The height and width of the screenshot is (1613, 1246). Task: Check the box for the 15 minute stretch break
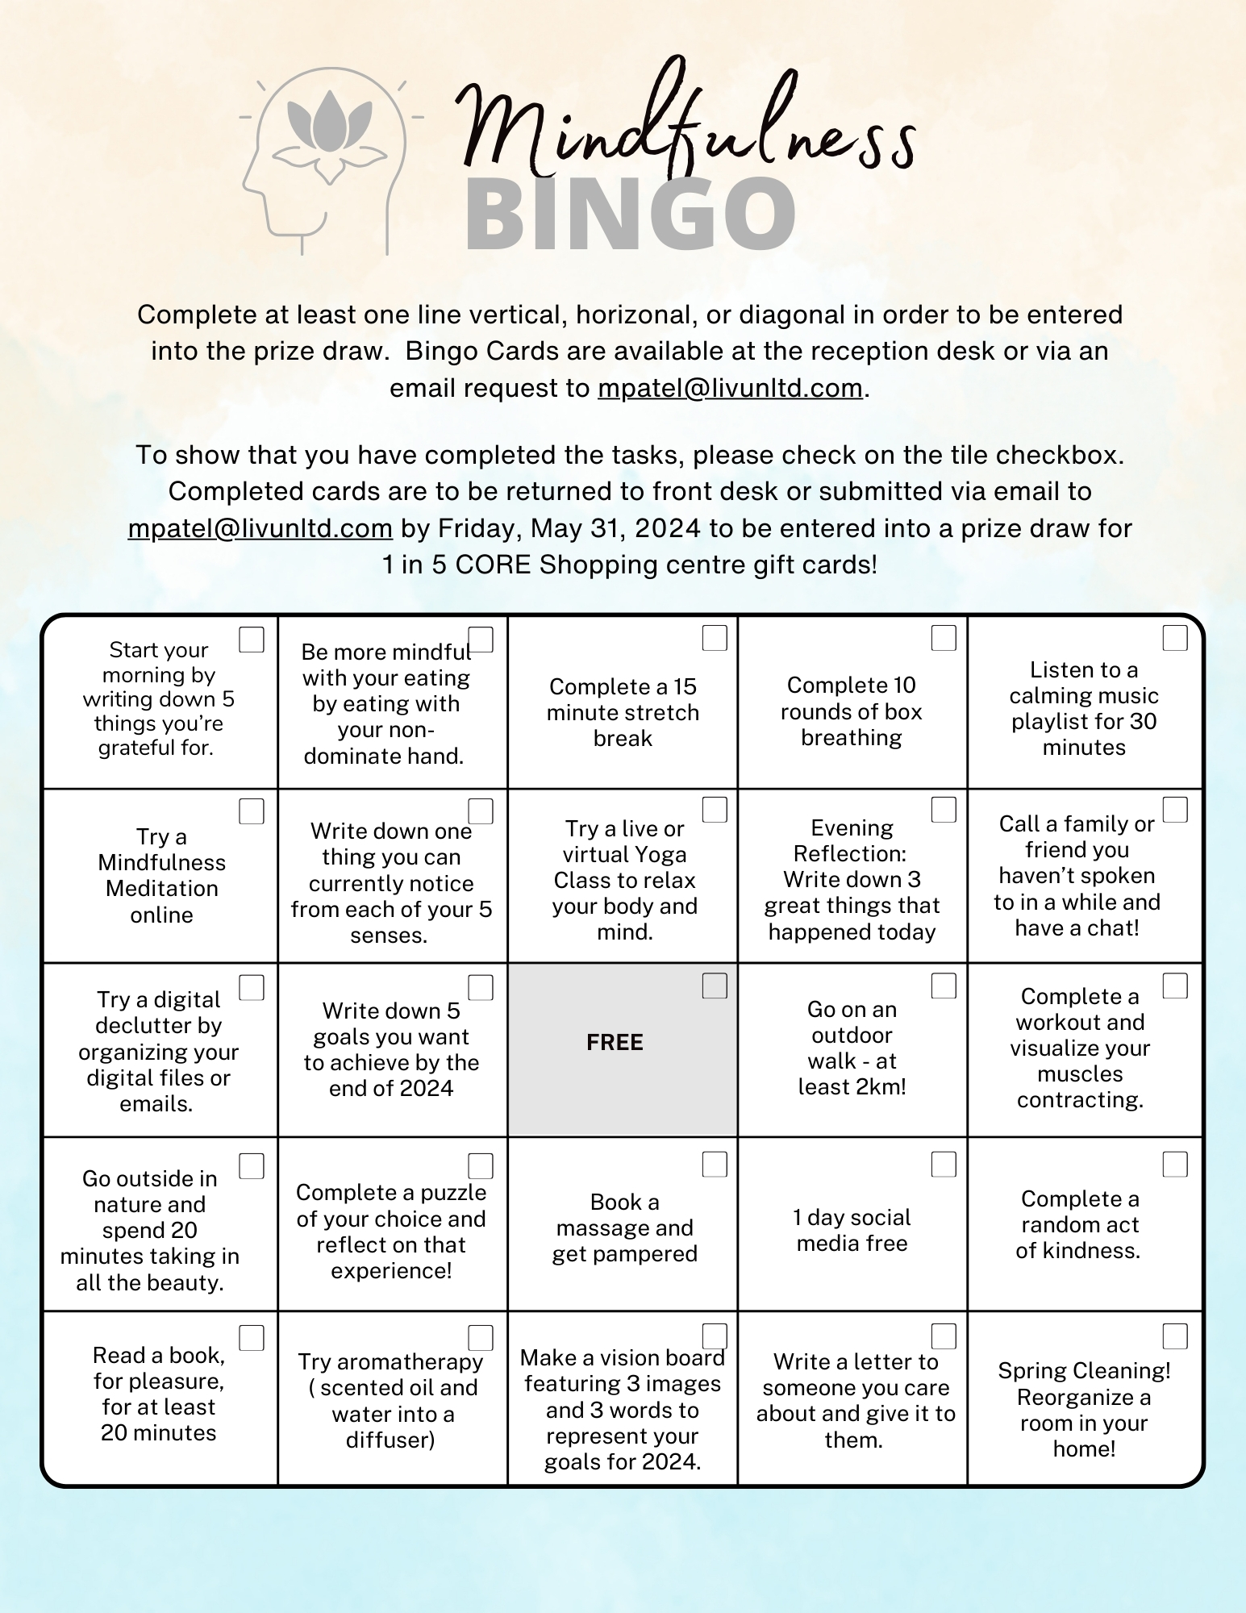(715, 638)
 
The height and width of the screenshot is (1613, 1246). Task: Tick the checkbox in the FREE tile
(715, 986)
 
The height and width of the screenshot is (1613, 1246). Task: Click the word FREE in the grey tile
(615, 1042)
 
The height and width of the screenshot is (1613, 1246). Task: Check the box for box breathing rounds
(944, 638)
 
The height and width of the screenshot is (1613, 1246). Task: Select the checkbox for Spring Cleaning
(1175, 1336)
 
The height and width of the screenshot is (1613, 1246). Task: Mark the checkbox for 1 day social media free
(944, 1164)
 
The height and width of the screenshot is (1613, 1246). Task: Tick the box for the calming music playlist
(1175, 638)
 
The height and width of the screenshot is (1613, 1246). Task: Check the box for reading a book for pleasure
(252, 1338)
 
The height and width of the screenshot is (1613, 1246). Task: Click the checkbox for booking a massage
(715, 1164)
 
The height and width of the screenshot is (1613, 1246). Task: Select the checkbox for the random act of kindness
(1175, 1164)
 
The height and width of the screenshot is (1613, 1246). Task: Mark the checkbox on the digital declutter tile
(252, 987)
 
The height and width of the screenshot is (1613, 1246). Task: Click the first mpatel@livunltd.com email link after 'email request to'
(730, 389)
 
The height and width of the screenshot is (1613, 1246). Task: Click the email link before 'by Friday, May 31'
(260, 529)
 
